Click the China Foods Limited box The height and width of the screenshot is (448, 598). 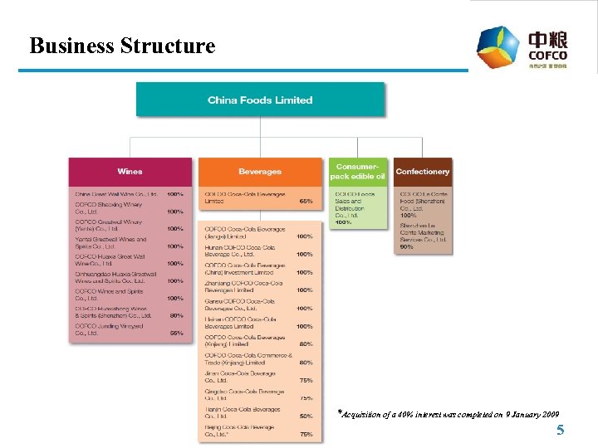[x=260, y=100]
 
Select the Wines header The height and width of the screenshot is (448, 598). [x=130, y=172]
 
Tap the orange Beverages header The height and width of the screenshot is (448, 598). [x=260, y=172]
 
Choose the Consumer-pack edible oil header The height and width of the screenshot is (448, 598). [x=357, y=171]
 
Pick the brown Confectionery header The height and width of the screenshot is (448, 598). [x=423, y=172]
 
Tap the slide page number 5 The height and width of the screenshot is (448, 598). [x=560, y=430]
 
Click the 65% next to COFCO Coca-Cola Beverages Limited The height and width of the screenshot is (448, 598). [x=306, y=202]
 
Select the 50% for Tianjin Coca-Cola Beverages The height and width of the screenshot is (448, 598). [x=306, y=416]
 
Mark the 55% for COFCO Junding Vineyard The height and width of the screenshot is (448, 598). [x=175, y=333]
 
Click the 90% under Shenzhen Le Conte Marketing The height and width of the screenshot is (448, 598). [x=407, y=247]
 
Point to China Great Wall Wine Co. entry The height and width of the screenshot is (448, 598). [x=116, y=194]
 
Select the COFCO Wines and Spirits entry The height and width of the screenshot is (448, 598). [x=110, y=295]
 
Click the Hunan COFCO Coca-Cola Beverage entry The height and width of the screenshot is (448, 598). [x=240, y=251]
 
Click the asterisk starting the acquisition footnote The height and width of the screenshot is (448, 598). [x=340, y=412]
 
